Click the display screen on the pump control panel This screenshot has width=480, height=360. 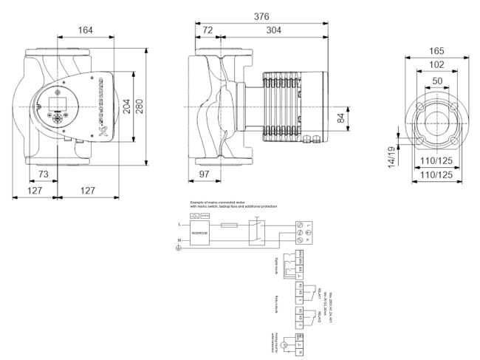tap(60, 102)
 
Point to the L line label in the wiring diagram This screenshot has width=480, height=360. tap(179, 224)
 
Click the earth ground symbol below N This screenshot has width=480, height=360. tap(176, 248)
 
